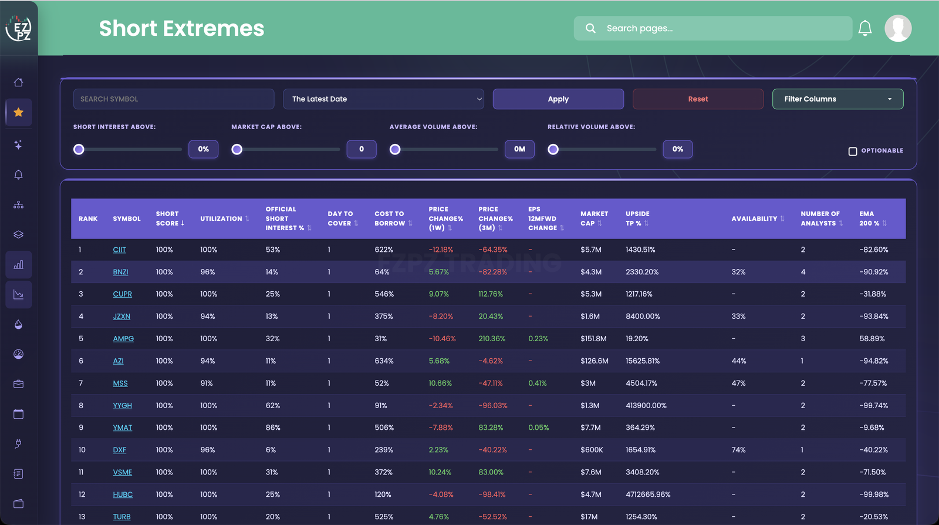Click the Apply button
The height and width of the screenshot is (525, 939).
click(x=558, y=99)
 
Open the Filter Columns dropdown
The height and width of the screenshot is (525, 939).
click(x=837, y=99)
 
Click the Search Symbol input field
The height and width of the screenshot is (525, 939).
click(x=174, y=99)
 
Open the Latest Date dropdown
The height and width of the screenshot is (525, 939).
click(x=383, y=99)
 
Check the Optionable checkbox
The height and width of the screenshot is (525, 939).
click(x=853, y=151)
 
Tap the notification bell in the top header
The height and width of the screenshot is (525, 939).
click(x=865, y=28)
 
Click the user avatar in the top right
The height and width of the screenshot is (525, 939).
click(x=898, y=28)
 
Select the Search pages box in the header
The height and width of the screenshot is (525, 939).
click(x=712, y=28)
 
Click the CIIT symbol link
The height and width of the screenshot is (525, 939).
click(x=120, y=250)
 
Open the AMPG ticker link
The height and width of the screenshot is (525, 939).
click(x=123, y=338)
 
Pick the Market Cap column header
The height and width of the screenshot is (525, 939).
click(x=594, y=218)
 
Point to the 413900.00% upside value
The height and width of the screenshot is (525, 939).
click(x=646, y=405)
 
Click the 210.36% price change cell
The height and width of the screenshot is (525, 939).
click(x=492, y=338)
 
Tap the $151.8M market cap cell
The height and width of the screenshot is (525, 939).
click(x=593, y=338)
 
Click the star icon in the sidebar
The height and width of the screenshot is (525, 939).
click(x=18, y=112)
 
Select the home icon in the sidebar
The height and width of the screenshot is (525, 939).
click(x=18, y=82)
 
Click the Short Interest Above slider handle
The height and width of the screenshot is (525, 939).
click(x=79, y=149)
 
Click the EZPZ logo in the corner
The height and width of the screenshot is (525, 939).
click(x=18, y=28)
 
